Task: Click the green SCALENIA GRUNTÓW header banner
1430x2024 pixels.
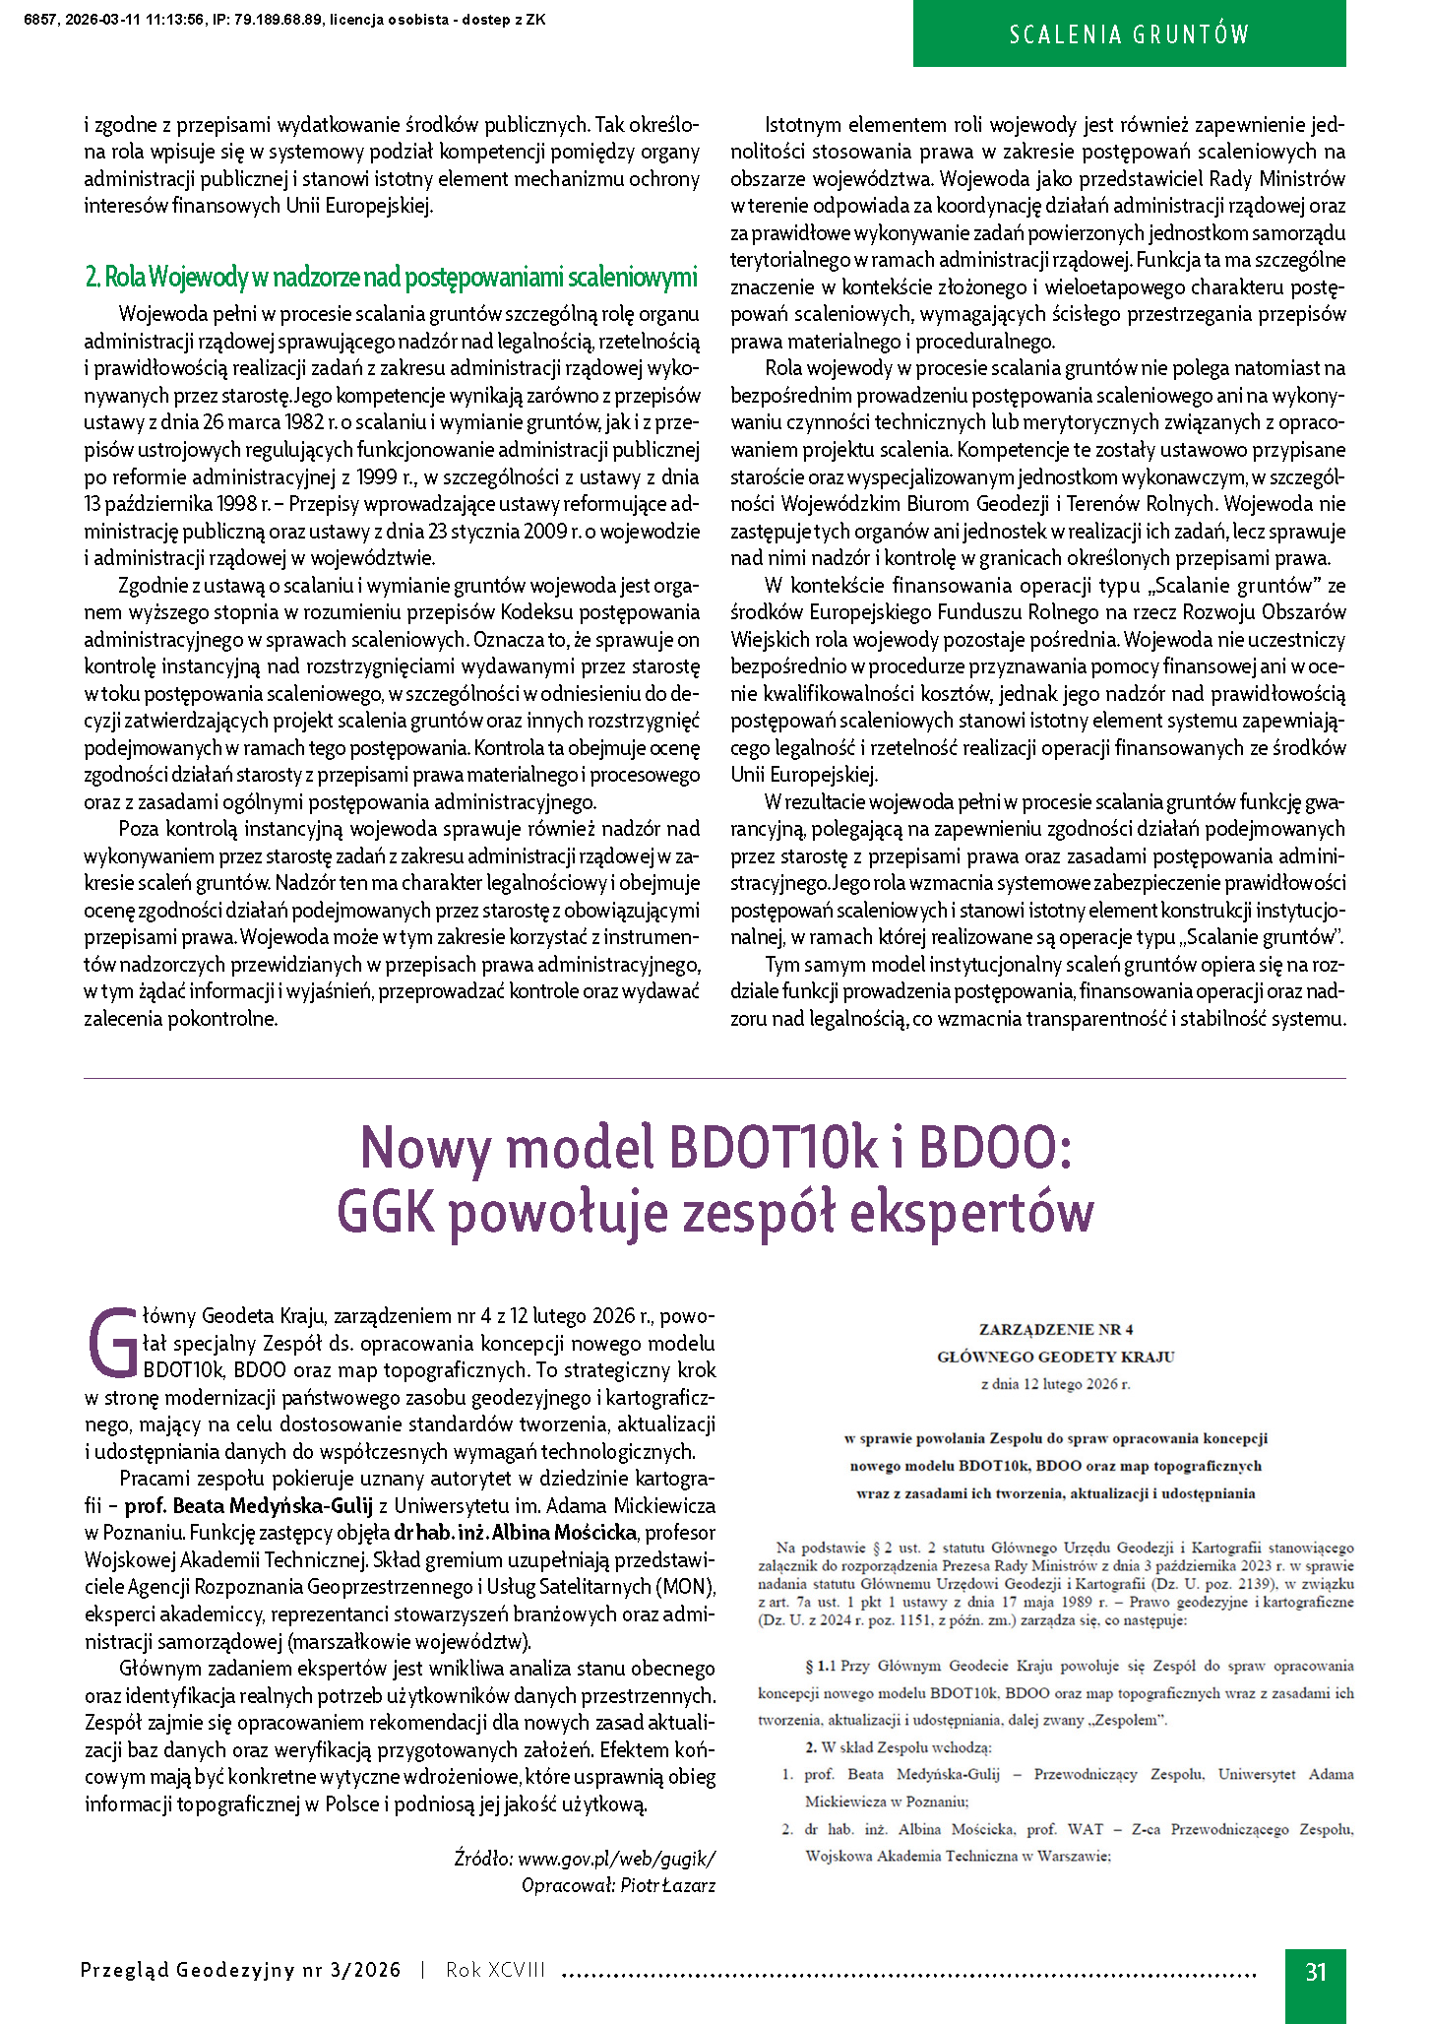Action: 1129,34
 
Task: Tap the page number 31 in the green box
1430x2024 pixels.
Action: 1316,1971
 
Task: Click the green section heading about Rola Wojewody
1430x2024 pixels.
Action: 391,278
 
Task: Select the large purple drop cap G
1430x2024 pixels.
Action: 113,1343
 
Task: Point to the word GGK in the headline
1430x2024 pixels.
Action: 385,1211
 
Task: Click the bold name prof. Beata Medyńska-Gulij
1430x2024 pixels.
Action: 258,1505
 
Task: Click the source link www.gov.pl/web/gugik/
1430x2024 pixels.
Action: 617,1859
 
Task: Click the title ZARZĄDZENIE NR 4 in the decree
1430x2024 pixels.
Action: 1055,1329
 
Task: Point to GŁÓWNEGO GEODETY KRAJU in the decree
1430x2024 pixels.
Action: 1055,1357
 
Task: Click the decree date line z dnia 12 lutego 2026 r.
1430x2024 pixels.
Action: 1055,1384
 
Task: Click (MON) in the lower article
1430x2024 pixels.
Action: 686,1587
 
